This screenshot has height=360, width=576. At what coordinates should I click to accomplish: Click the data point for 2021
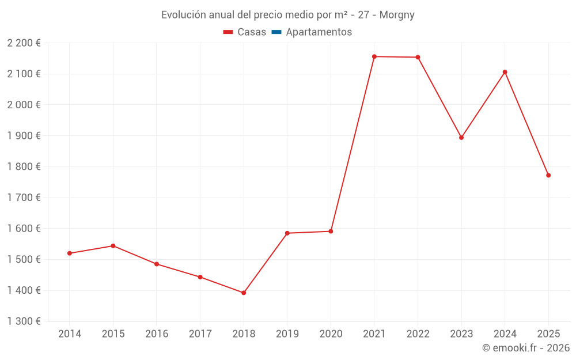click(x=374, y=56)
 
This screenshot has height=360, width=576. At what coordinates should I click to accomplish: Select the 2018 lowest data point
click(x=244, y=293)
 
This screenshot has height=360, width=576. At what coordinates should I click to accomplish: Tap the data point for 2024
click(x=505, y=72)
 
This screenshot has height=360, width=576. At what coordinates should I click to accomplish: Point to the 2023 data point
click(x=461, y=138)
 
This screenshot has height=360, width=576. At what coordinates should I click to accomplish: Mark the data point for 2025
click(x=548, y=175)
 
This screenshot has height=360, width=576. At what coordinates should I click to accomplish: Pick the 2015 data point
click(x=113, y=246)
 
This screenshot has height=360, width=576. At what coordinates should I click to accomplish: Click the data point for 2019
click(x=287, y=233)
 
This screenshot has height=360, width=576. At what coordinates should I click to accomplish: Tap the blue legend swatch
click(x=276, y=32)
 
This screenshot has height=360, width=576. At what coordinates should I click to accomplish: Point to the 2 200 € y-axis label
click(x=24, y=43)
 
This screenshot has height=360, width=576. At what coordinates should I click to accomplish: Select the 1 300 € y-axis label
click(x=24, y=321)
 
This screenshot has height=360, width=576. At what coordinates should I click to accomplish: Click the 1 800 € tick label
click(x=24, y=166)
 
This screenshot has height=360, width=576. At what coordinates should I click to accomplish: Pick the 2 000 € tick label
click(x=24, y=105)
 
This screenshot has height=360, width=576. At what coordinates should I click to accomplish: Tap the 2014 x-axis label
click(x=70, y=334)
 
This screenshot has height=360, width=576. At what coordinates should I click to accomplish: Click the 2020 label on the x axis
click(x=331, y=334)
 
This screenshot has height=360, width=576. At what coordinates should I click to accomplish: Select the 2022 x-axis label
click(x=418, y=334)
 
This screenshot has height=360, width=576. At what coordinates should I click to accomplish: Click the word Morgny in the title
click(x=397, y=15)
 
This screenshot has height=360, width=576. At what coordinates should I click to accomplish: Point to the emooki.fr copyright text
click(x=526, y=348)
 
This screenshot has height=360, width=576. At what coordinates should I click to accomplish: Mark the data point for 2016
click(x=157, y=264)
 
